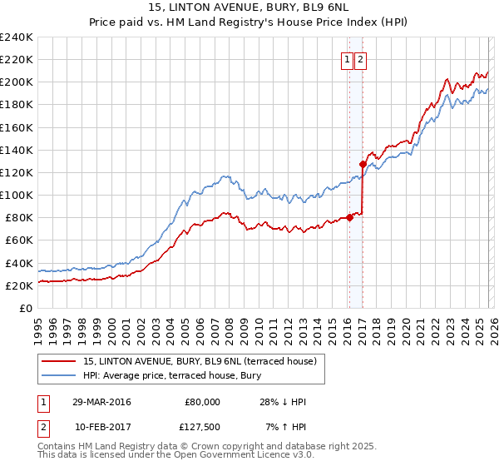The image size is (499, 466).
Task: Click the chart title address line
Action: pyautogui.click(x=249, y=8)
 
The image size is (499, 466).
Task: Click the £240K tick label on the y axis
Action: pyautogui.click(x=17, y=37)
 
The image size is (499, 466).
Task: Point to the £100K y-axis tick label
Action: pyautogui.click(x=17, y=195)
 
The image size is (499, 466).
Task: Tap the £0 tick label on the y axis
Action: pyautogui.click(x=27, y=308)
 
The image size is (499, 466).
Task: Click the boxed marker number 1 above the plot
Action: pyautogui.click(x=346, y=59)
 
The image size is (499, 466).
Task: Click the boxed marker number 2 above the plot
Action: pyautogui.click(x=361, y=59)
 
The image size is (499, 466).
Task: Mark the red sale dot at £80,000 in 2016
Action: pyautogui.click(x=349, y=218)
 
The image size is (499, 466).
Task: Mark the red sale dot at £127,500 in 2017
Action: pyautogui.click(x=363, y=164)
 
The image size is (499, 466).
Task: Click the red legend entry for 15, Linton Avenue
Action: pyautogui.click(x=200, y=361)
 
